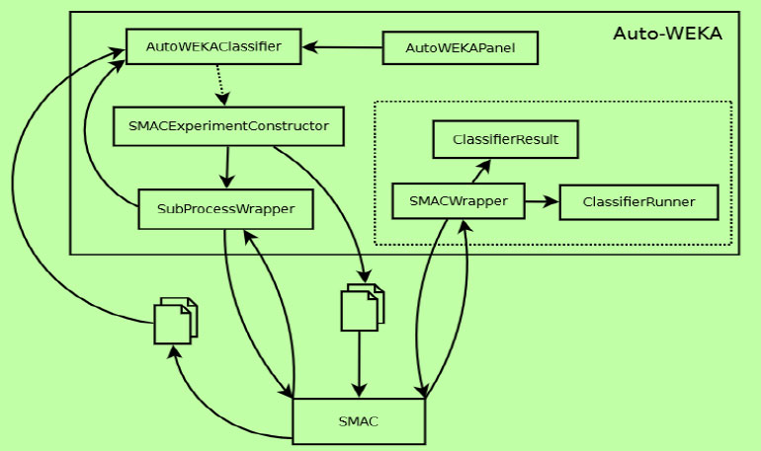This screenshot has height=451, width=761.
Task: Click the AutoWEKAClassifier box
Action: coord(213,46)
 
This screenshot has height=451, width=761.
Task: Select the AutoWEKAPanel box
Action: coord(460,47)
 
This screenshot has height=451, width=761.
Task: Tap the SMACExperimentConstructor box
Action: coord(228,126)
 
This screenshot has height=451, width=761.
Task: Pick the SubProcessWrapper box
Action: coord(225,209)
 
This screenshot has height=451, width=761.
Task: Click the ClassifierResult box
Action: coord(505,140)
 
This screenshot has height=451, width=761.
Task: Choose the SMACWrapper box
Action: coord(458,201)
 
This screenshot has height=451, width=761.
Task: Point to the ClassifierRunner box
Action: coord(638,202)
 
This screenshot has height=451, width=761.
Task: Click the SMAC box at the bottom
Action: coord(359,421)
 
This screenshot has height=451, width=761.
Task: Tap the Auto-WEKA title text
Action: coord(667,34)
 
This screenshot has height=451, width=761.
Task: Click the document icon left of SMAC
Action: coord(174,322)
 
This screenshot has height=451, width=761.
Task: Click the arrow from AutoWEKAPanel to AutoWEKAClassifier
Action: coord(342,46)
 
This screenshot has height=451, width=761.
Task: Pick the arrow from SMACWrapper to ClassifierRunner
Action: coord(541,201)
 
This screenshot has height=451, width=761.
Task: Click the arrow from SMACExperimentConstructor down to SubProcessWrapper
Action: coord(227,167)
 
